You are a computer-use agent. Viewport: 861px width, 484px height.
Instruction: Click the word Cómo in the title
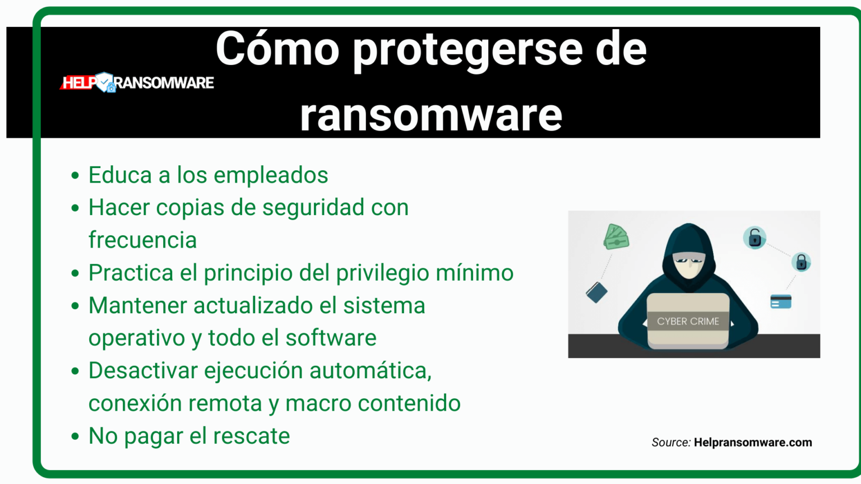point(277,49)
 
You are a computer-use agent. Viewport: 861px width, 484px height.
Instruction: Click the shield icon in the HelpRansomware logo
point(105,82)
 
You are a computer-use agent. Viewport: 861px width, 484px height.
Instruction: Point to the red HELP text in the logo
point(78,83)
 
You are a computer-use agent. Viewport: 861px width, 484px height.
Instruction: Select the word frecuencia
point(142,240)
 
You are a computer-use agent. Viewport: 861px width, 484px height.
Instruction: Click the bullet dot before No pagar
point(75,436)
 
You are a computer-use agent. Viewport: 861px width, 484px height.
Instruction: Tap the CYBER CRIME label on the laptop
point(688,322)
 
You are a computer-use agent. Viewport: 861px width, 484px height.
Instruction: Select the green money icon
point(616,237)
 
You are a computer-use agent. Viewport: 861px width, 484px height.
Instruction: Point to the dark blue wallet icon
point(596,292)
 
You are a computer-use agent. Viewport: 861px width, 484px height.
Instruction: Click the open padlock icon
point(754,238)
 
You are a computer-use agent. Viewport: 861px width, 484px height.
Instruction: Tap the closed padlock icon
point(801,262)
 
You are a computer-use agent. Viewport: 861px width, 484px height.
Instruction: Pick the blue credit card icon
point(781,302)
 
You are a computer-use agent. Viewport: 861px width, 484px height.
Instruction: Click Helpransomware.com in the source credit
point(753,443)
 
